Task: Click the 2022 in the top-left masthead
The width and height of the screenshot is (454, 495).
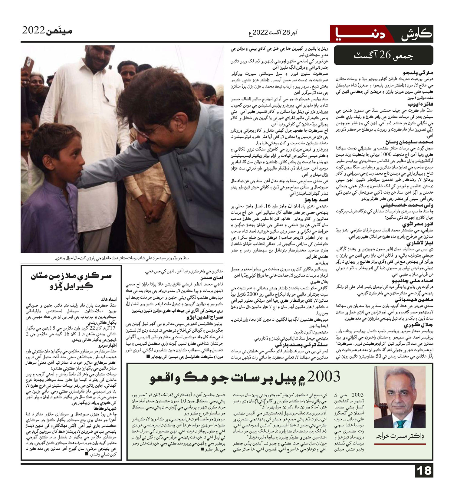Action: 34,30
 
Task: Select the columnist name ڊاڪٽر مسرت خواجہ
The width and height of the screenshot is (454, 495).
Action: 400,436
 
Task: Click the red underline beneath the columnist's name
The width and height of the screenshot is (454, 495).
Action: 400,444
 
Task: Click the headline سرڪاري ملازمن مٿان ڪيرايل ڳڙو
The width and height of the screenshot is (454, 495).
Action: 71,281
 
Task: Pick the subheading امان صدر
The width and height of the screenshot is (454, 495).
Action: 212,278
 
